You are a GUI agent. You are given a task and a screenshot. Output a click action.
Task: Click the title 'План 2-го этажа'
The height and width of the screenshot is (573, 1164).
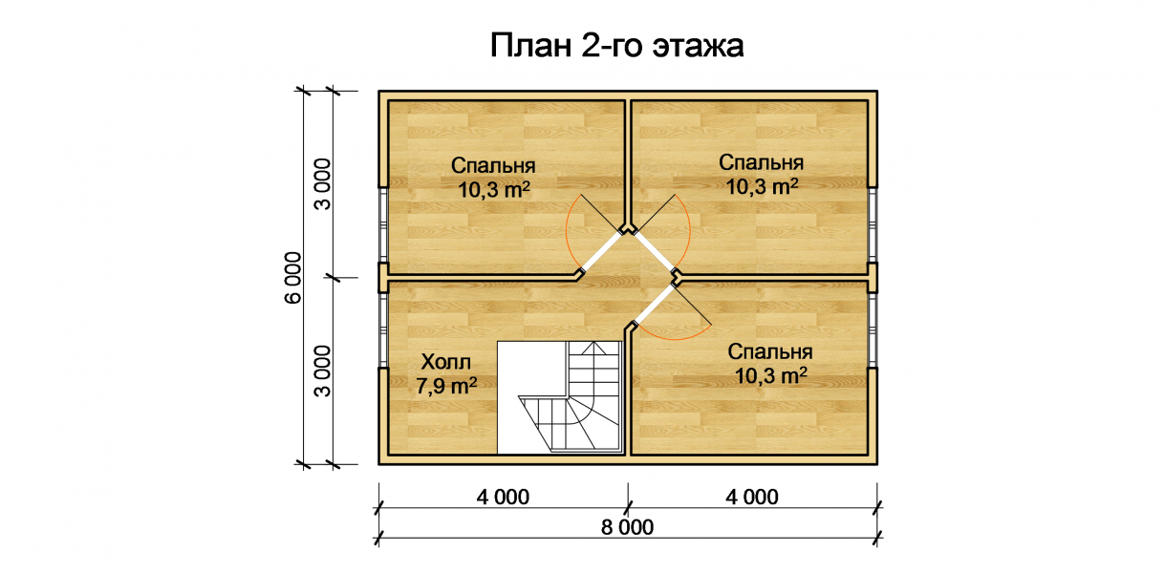point(616,46)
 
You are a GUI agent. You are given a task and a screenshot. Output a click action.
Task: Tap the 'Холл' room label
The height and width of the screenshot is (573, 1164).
point(446,362)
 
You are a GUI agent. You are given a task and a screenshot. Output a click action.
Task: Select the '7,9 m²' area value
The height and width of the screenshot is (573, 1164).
point(446,386)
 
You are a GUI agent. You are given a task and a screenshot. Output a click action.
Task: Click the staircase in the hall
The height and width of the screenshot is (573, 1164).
point(560,397)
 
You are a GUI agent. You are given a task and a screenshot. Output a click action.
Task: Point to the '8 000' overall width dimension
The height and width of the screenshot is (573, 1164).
point(627,527)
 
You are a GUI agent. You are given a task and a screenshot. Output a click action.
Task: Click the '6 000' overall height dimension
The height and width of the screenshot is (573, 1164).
point(293,278)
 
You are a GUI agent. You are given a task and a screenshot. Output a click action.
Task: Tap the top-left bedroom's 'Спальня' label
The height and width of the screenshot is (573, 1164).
point(493,166)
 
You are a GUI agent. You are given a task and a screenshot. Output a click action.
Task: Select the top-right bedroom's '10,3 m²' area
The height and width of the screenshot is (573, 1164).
point(762,187)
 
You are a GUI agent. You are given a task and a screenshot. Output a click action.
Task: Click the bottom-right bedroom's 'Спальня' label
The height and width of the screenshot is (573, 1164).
point(770,351)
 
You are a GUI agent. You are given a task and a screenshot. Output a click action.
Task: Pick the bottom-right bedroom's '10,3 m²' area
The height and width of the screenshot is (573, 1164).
point(770,375)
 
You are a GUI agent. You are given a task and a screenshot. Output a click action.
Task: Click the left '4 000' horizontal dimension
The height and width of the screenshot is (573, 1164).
point(503,498)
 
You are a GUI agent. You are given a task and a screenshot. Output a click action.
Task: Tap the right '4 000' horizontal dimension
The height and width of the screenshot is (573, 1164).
point(752,498)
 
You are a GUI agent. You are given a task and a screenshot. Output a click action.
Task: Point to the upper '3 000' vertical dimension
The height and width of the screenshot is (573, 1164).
point(323,184)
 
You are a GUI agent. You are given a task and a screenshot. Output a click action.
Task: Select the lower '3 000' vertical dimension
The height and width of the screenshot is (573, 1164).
point(323,371)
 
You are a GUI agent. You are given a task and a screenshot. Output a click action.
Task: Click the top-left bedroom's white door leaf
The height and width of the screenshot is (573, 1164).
point(601,252)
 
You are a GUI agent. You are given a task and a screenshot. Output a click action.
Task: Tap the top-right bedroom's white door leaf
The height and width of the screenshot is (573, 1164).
point(654,252)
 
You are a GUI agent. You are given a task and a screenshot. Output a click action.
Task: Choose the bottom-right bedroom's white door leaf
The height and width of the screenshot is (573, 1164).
point(655,306)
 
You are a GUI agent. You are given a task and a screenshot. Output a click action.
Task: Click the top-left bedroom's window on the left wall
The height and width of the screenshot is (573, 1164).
point(383,225)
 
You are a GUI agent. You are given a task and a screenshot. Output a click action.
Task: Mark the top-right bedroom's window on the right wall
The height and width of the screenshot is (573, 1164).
point(873,225)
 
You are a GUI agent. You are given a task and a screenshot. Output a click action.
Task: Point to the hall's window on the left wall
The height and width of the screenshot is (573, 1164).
point(383,330)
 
